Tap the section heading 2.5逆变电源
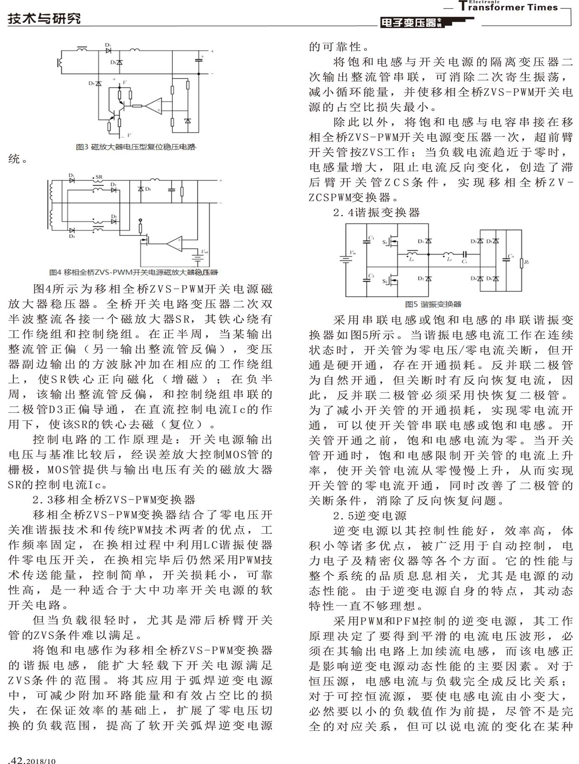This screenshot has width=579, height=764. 370,515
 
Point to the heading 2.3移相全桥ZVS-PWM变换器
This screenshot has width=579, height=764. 114,500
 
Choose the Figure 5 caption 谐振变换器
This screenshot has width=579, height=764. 433,304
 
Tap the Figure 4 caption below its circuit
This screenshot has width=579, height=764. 133,272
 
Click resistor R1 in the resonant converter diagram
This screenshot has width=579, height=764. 522,262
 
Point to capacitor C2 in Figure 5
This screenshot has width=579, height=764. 367,278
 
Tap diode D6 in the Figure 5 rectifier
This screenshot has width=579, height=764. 496,278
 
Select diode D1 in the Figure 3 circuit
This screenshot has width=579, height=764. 108,50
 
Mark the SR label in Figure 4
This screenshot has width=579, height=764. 99,177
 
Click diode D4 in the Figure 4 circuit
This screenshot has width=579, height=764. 72,230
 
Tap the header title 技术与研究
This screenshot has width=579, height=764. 44,18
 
